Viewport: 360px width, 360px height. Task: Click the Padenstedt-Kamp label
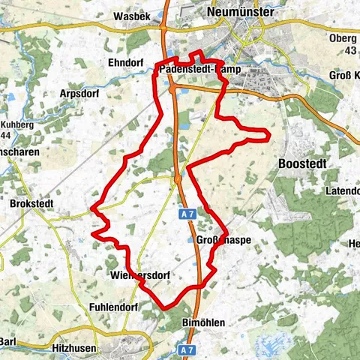click(193, 70)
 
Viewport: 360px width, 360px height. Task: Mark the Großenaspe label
click(223, 241)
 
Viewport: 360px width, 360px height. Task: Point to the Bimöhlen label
click(203, 322)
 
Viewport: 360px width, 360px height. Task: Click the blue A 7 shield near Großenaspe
click(187, 214)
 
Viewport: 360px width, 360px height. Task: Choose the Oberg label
click(344, 38)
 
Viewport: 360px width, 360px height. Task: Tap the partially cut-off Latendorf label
click(342, 191)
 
